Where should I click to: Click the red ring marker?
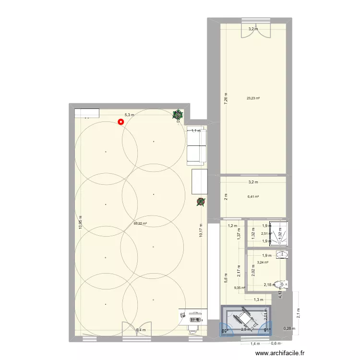tap(121, 121)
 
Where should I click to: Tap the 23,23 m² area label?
tap(253, 99)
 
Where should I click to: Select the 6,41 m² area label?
tap(253, 196)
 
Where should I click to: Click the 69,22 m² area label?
tap(140, 223)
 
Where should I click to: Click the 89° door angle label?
tap(224, 330)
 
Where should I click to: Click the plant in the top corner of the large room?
tap(178, 114)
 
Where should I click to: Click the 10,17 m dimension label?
tap(201, 231)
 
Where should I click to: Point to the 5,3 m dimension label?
tap(130, 115)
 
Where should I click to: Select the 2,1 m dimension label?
tap(298, 313)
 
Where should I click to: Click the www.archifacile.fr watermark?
tap(280, 353)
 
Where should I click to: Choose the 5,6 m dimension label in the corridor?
tap(226, 278)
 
